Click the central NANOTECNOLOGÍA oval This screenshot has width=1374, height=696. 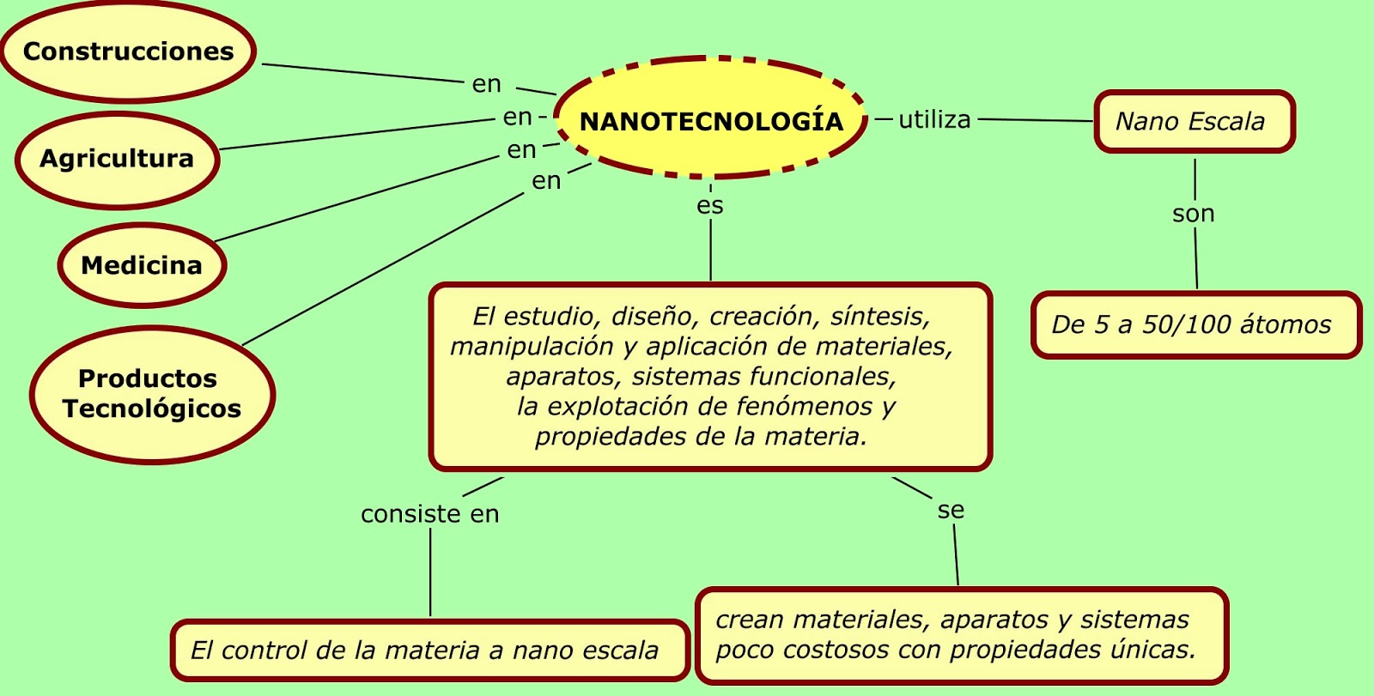(711, 120)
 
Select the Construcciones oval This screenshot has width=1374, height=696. (128, 51)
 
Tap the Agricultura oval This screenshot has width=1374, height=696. (117, 159)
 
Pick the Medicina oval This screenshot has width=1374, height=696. (142, 265)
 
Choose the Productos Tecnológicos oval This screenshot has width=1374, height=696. (152, 394)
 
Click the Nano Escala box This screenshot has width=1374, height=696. (1194, 122)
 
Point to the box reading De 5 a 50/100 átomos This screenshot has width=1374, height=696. (1195, 324)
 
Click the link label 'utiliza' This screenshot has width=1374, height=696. (934, 119)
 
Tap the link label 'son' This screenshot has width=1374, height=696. (1194, 214)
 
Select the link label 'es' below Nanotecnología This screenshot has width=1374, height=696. (710, 206)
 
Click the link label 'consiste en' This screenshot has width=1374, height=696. (429, 514)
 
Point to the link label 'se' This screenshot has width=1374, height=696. (951, 511)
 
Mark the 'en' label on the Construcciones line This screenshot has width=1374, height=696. (487, 84)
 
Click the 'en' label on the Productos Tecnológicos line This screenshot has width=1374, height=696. (546, 181)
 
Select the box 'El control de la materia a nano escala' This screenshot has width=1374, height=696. (429, 651)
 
